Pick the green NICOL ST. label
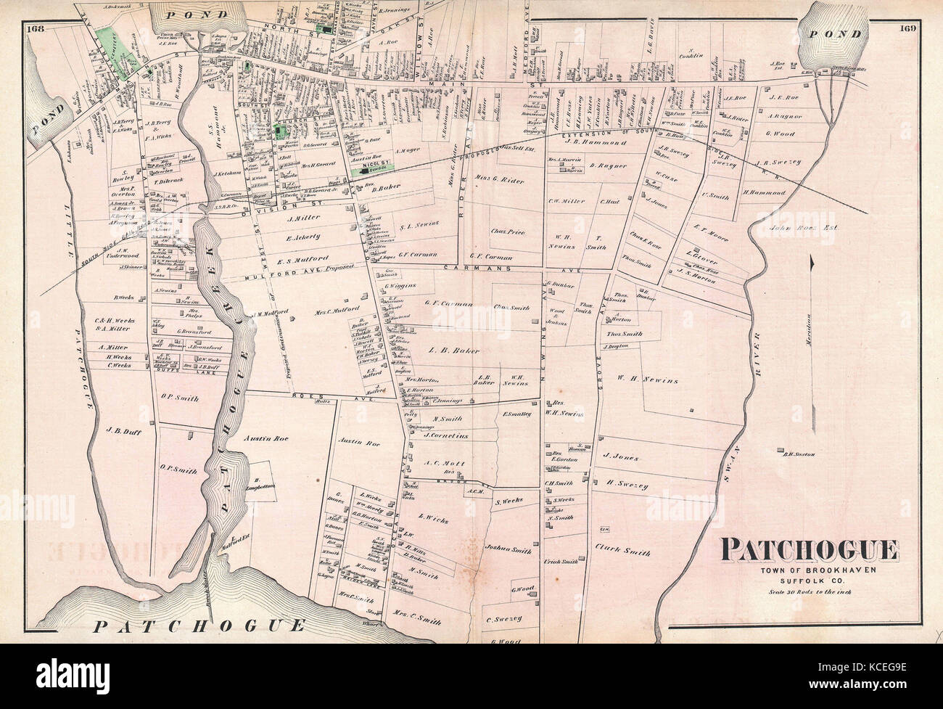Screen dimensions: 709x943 pos(371,166)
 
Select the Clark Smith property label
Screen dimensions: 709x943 pos(622,552)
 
